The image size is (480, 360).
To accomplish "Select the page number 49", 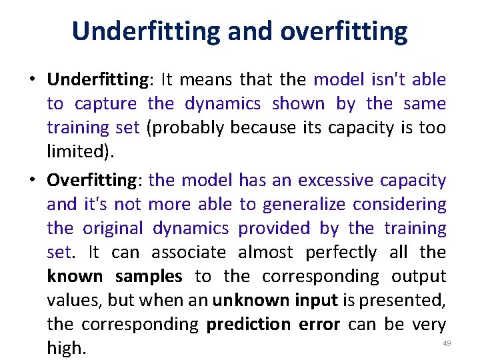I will [x=447, y=343].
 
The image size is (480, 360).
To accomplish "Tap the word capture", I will [x=105, y=104].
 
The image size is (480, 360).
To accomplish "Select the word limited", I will [x=78, y=152].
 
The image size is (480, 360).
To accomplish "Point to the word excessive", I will [x=336, y=181].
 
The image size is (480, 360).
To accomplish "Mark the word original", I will [x=113, y=228].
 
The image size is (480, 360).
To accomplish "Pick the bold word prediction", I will [x=248, y=324].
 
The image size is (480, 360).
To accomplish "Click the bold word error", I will [x=319, y=324].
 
